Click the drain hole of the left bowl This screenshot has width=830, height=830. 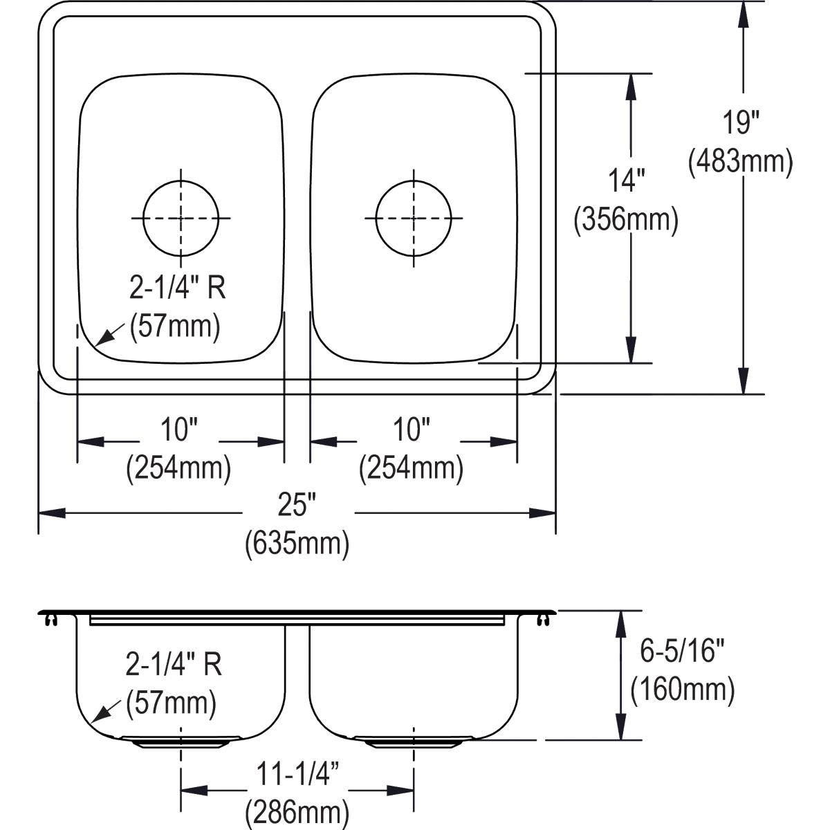tap(181, 218)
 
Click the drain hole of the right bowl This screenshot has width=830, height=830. tap(414, 218)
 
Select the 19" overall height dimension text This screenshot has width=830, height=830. tap(741, 123)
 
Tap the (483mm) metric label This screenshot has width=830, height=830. tap(740, 162)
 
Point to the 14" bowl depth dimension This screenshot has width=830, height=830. tap(627, 181)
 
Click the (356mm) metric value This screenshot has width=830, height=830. tap(626, 220)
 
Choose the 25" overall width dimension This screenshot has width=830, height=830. tap(297, 506)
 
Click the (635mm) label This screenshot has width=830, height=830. tap(297, 544)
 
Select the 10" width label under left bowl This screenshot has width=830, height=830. tap(180, 431)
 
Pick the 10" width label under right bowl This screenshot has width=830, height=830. tap(412, 431)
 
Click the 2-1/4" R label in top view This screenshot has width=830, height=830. tap(178, 288)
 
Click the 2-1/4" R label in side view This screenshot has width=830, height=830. tap(174, 665)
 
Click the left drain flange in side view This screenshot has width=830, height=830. tap(181, 744)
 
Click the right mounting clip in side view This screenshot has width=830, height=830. tap(542, 618)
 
